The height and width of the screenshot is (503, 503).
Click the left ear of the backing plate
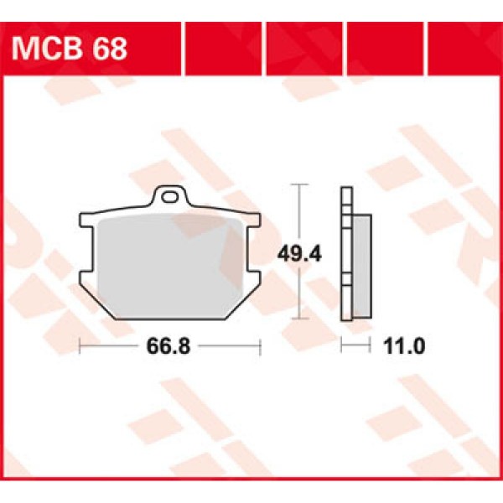[86, 222]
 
